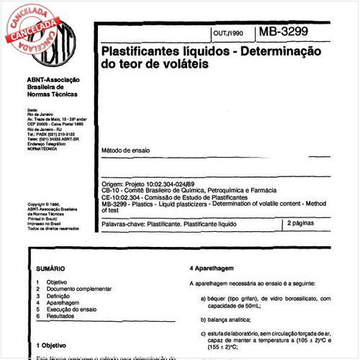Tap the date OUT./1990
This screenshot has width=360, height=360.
coord(229,34)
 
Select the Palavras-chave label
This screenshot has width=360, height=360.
coord(125,225)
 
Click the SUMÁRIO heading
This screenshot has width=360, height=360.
coord(50,268)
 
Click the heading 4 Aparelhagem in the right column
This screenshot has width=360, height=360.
coord(213,268)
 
